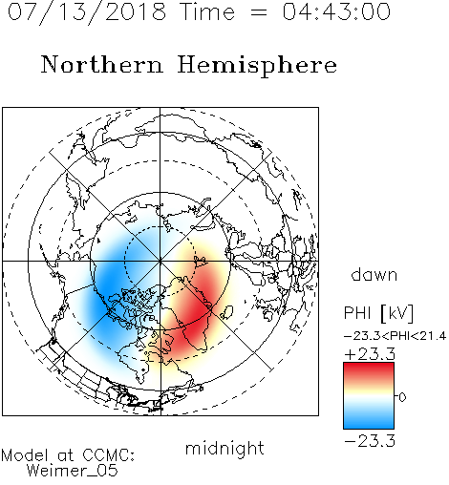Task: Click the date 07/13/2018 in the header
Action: (x=87, y=12)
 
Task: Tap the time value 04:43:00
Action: (x=336, y=11)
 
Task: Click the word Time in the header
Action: (x=207, y=11)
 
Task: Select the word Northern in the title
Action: (x=102, y=64)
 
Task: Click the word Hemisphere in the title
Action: (x=257, y=66)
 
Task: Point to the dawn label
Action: (x=374, y=274)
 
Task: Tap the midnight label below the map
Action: (x=224, y=450)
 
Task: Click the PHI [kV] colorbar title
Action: (x=378, y=313)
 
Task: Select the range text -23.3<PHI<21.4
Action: (x=395, y=336)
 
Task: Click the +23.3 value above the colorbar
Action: (x=370, y=354)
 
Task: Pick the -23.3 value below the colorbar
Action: (x=370, y=441)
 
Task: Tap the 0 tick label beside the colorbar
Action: (x=402, y=397)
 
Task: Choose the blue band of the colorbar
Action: (x=369, y=420)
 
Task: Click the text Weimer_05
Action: (x=73, y=470)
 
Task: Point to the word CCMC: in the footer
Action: (x=109, y=455)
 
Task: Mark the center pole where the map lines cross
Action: (x=160, y=261)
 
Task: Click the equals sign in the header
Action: (x=259, y=12)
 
